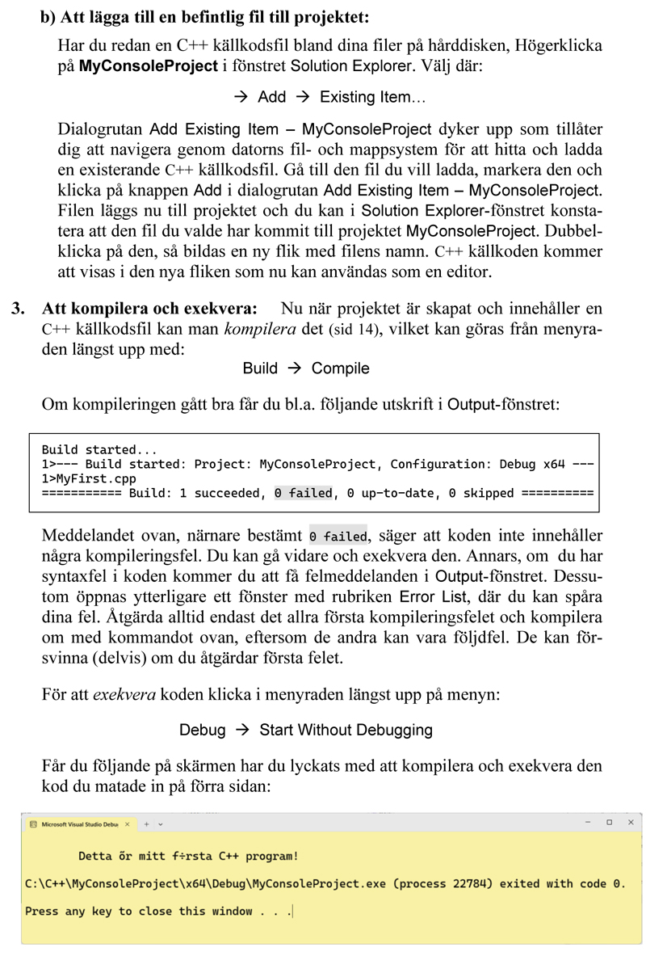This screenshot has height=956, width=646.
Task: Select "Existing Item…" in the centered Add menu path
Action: tap(372, 97)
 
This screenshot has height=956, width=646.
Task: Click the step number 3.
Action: tap(17, 308)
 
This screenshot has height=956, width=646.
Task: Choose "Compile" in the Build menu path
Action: tap(340, 369)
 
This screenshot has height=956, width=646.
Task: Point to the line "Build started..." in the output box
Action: tap(99, 449)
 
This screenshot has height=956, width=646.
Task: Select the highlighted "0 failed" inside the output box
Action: tap(303, 493)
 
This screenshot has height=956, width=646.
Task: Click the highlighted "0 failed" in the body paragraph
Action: tap(338, 536)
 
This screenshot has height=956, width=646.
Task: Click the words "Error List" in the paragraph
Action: tap(434, 597)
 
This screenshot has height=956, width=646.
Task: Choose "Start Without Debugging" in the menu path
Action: tap(346, 731)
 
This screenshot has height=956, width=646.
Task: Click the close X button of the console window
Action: tap(630, 823)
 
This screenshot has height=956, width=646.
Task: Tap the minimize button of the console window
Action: tap(589, 823)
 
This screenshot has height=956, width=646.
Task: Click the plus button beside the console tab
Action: tap(146, 823)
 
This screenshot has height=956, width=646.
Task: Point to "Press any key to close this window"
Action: tap(139, 911)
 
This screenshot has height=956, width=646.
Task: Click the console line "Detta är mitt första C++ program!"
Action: tap(188, 856)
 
